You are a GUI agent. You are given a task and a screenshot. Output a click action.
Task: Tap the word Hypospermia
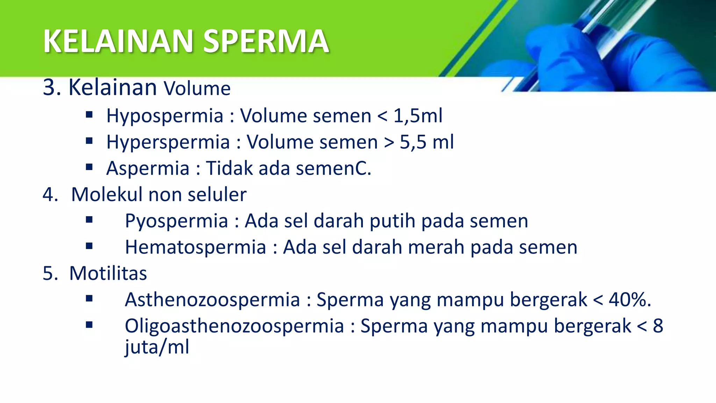pyautogui.click(x=165, y=116)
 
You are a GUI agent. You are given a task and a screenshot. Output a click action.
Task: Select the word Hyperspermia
pyautogui.click(x=168, y=142)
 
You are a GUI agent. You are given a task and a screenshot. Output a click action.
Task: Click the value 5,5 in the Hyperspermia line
pyautogui.click(x=413, y=142)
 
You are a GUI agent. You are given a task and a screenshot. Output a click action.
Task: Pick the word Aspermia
pyautogui.click(x=148, y=168)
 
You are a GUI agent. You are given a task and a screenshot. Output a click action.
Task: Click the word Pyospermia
pyautogui.click(x=177, y=221)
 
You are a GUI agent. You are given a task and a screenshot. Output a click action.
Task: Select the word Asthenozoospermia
pyautogui.click(x=213, y=300)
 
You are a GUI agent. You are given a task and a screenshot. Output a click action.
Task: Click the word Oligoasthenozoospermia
pyautogui.click(x=234, y=326)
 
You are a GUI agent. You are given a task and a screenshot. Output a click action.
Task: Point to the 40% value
pyautogui.click(x=630, y=300)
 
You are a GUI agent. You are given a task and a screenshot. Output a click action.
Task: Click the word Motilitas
pyautogui.click(x=108, y=273)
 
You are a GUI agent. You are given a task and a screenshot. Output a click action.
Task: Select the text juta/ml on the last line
pyautogui.click(x=157, y=347)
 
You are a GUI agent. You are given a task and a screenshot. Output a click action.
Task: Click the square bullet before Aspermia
pyautogui.click(x=89, y=167)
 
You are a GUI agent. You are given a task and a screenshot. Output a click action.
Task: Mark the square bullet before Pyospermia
pyautogui.click(x=89, y=220)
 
